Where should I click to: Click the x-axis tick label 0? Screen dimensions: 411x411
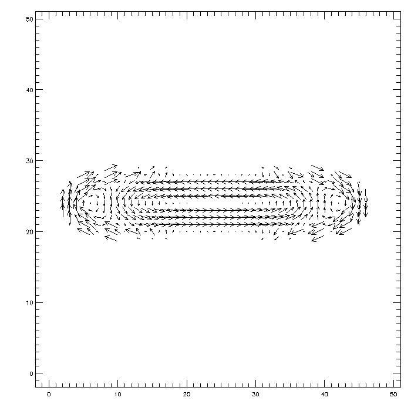tap(49, 395)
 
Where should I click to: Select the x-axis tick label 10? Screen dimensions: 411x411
tap(117, 395)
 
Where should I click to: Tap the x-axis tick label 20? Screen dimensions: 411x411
tap(187, 395)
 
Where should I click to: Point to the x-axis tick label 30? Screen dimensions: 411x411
tap(255, 395)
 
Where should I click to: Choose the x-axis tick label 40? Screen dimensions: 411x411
tap(325, 395)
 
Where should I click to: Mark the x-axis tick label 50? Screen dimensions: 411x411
tap(393, 395)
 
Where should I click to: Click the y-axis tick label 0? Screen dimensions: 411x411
tap(31, 373)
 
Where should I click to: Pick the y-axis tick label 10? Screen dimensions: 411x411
tap(29, 303)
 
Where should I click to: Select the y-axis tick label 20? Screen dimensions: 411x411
tap(29, 232)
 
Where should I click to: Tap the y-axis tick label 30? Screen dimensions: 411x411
tap(29, 161)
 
